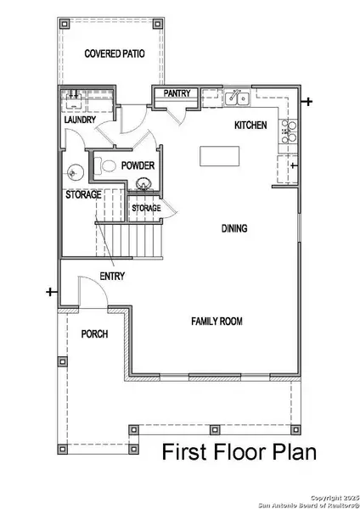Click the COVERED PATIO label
115,53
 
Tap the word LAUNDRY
79,120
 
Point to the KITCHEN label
250,126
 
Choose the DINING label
234,228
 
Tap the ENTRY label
112,277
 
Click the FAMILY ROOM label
217,322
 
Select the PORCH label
93,333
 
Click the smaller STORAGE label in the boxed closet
146,208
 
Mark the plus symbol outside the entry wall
50,293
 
